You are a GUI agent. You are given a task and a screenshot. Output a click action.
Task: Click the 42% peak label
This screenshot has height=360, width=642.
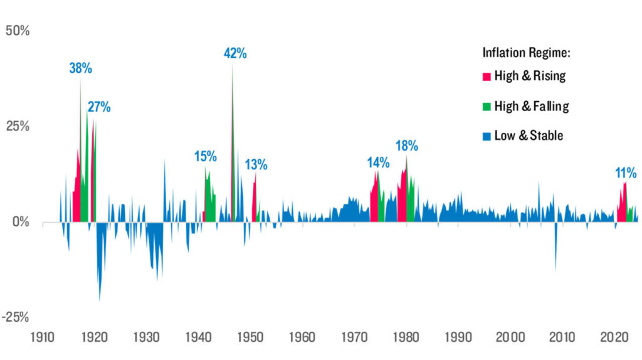[x=235, y=53]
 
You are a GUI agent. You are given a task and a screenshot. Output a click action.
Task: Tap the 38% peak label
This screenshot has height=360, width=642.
[x=80, y=68]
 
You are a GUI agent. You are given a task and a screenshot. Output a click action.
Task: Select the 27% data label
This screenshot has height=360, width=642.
[x=99, y=107]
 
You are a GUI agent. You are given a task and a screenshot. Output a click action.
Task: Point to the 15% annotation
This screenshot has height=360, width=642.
[x=205, y=156]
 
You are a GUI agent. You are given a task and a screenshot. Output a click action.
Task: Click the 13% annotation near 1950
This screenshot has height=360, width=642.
[x=256, y=165]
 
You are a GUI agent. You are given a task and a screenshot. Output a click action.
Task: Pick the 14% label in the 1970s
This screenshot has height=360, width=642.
[x=378, y=162]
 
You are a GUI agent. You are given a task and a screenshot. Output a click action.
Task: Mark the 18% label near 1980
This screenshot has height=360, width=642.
[x=407, y=146]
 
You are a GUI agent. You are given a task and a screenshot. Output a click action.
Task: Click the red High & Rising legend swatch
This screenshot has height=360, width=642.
[x=486, y=77]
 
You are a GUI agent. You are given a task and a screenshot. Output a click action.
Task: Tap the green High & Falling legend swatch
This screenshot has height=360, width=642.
[x=486, y=107]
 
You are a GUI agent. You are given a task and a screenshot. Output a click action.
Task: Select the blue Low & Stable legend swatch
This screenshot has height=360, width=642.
[x=486, y=136]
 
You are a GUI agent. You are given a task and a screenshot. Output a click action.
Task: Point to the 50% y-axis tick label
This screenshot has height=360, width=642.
[x=18, y=31]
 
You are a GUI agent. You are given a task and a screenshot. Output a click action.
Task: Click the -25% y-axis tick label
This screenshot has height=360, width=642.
[x=16, y=317]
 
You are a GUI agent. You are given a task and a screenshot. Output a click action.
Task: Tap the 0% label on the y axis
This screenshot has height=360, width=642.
[x=22, y=222]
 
